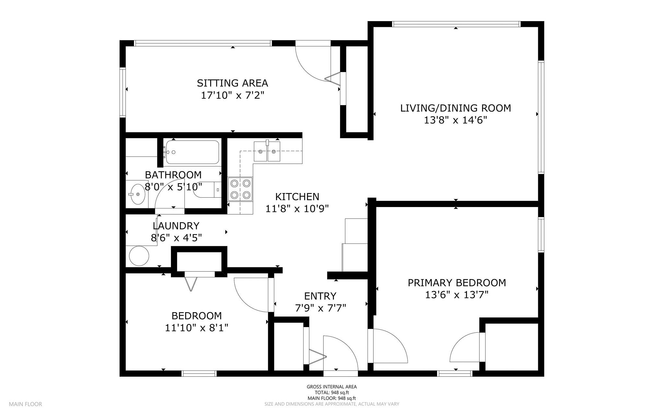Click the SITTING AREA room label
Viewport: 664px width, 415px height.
[x=232, y=83]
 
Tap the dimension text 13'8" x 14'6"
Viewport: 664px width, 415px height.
[x=456, y=120]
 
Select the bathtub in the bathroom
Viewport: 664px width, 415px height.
[x=192, y=152]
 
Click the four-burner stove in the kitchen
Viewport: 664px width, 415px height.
[x=240, y=189]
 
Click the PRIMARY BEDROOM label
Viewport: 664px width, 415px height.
[x=456, y=283]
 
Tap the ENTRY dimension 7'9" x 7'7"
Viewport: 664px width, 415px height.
[x=320, y=308]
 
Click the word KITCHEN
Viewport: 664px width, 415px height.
[x=297, y=197]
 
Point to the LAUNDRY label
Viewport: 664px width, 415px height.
[x=176, y=226]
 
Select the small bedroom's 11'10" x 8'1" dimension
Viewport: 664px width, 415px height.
[x=196, y=328]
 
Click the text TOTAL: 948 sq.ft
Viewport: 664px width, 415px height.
[x=331, y=392]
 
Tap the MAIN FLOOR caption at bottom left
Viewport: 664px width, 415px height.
[x=25, y=404]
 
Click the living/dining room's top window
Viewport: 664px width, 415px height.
[x=456, y=24]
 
